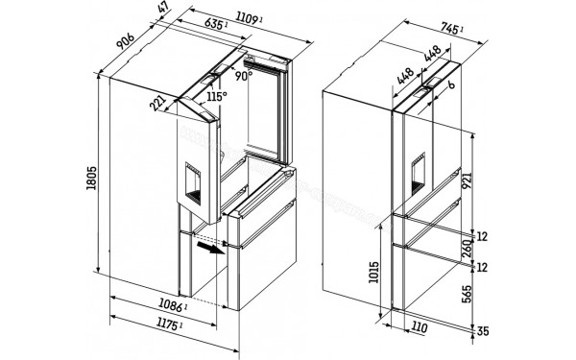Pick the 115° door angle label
pyautogui.click(x=215, y=97)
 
